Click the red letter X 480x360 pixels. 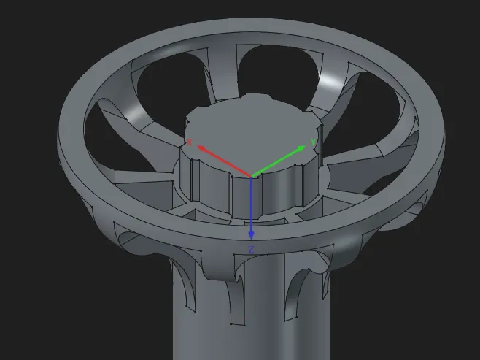(189, 142)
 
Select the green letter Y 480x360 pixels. (313, 142)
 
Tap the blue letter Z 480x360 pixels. (252, 250)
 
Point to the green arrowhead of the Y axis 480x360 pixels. (301, 148)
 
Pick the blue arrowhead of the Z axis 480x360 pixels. (252, 234)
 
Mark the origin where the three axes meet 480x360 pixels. (252, 177)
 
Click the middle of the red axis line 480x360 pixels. (224, 161)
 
